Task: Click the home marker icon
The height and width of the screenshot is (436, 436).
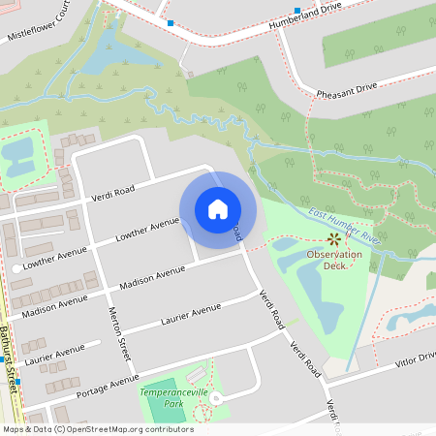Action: coord(217,209)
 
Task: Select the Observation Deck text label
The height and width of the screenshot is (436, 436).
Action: coord(334,260)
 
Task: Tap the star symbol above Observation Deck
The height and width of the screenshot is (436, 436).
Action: coord(334,238)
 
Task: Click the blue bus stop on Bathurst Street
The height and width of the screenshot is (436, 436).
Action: coord(17,382)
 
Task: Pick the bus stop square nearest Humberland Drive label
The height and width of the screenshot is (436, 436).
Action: coord(297,11)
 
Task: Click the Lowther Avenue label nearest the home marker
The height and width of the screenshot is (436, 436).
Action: coord(148,228)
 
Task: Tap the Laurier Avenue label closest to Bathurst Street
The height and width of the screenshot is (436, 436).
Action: coord(56,354)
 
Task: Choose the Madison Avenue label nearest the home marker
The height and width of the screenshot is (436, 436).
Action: coord(151,277)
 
